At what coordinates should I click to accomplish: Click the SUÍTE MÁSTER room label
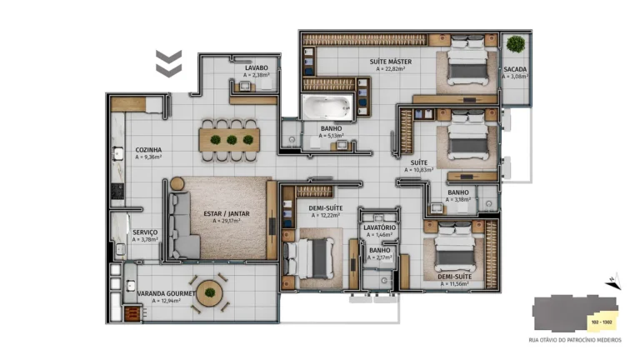tap(390, 62)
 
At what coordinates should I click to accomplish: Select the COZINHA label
tap(148, 150)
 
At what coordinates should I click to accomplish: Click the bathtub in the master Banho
tap(326, 107)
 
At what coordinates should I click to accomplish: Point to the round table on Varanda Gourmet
tap(209, 292)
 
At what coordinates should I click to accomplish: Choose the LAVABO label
tap(256, 67)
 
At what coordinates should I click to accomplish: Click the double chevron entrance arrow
tap(169, 62)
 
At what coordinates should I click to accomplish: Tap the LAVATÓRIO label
tap(380, 227)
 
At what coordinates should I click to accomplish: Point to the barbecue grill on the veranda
tap(132, 312)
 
